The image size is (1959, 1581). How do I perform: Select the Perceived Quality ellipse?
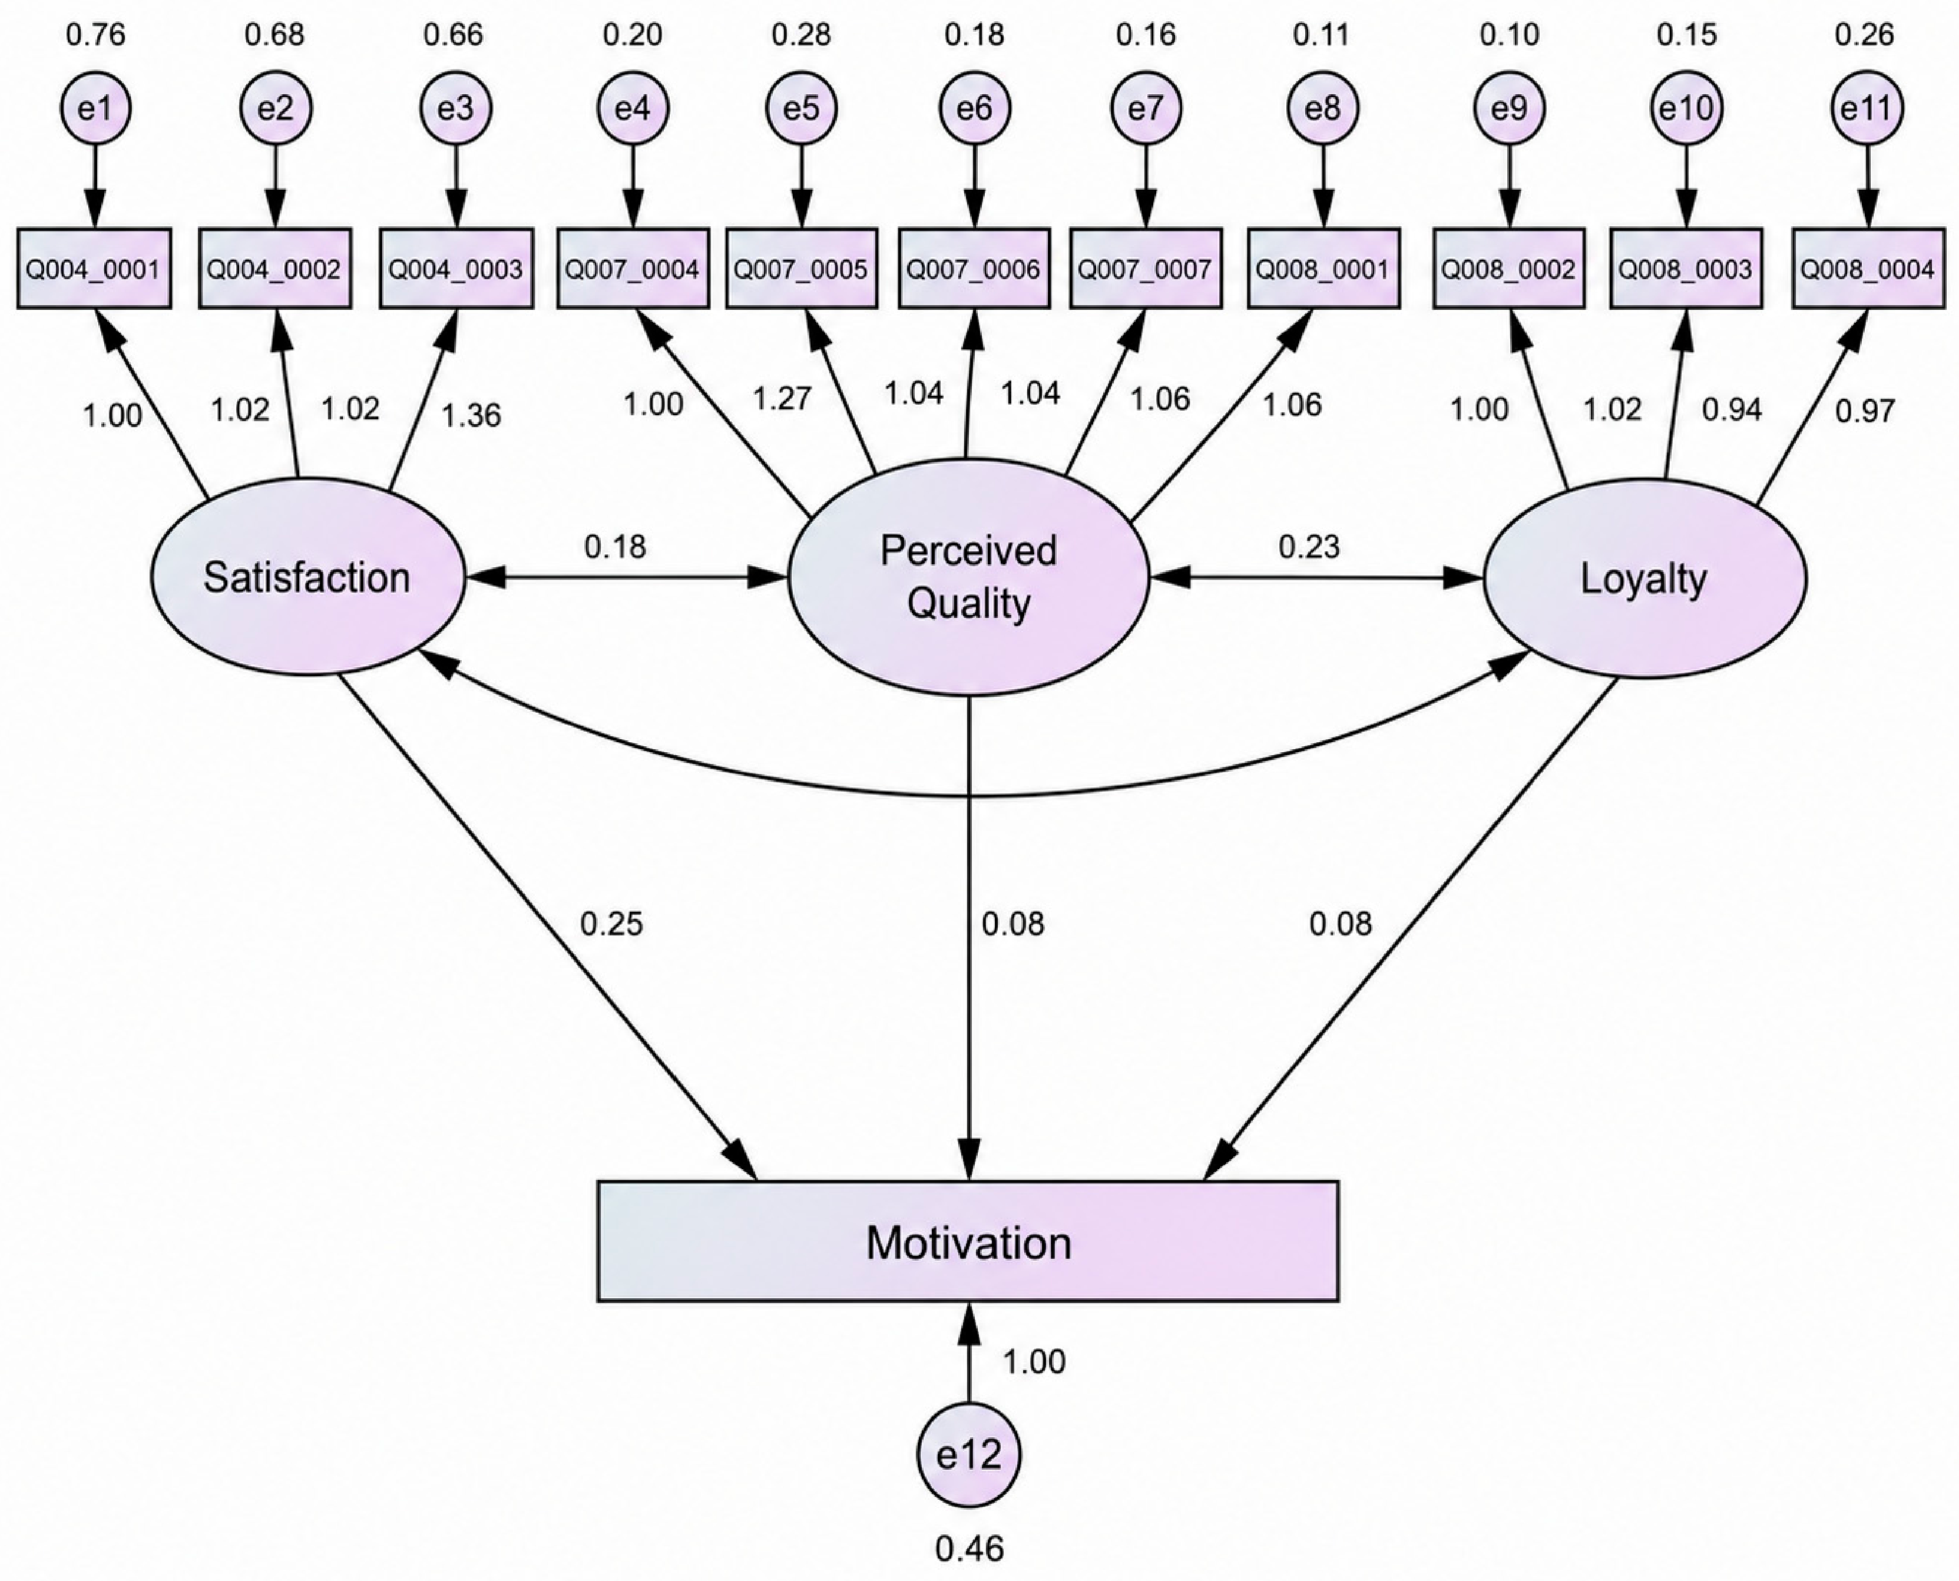tap(968, 577)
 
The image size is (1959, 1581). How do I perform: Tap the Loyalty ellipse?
tap(1645, 578)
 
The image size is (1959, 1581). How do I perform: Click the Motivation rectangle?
tap(968, 1241)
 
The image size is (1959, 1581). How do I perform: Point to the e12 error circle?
tap(968, 1456)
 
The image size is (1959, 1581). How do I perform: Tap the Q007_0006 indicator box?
tap(974, 269)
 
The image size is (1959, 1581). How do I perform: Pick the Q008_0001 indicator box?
tap(1322, 269)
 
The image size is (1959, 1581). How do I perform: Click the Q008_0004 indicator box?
tap(1868, 269)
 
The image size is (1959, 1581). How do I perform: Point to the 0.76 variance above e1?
tap(95, 35)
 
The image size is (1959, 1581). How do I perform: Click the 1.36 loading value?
tap(471, 415)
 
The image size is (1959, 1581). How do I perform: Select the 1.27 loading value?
tap(782, 398)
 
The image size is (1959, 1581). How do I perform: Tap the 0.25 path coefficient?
tap(611, 924)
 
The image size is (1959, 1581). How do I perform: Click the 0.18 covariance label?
tap(615, 547)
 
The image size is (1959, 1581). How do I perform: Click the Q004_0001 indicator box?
tap(94, 269)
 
